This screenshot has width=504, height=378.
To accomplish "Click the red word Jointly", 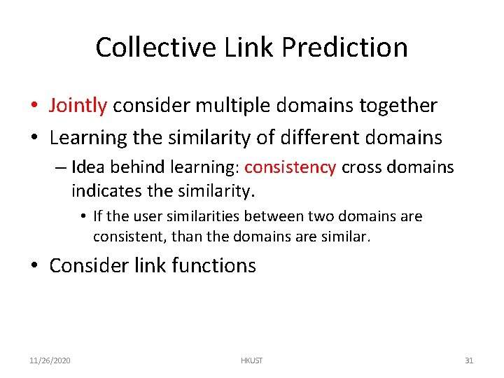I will (x=78, y=106).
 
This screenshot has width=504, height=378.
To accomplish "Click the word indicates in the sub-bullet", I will (x=104, y=190).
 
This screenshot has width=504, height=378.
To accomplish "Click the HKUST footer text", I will (x=251, y=360).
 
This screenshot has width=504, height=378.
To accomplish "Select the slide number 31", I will (x=469, y=360).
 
